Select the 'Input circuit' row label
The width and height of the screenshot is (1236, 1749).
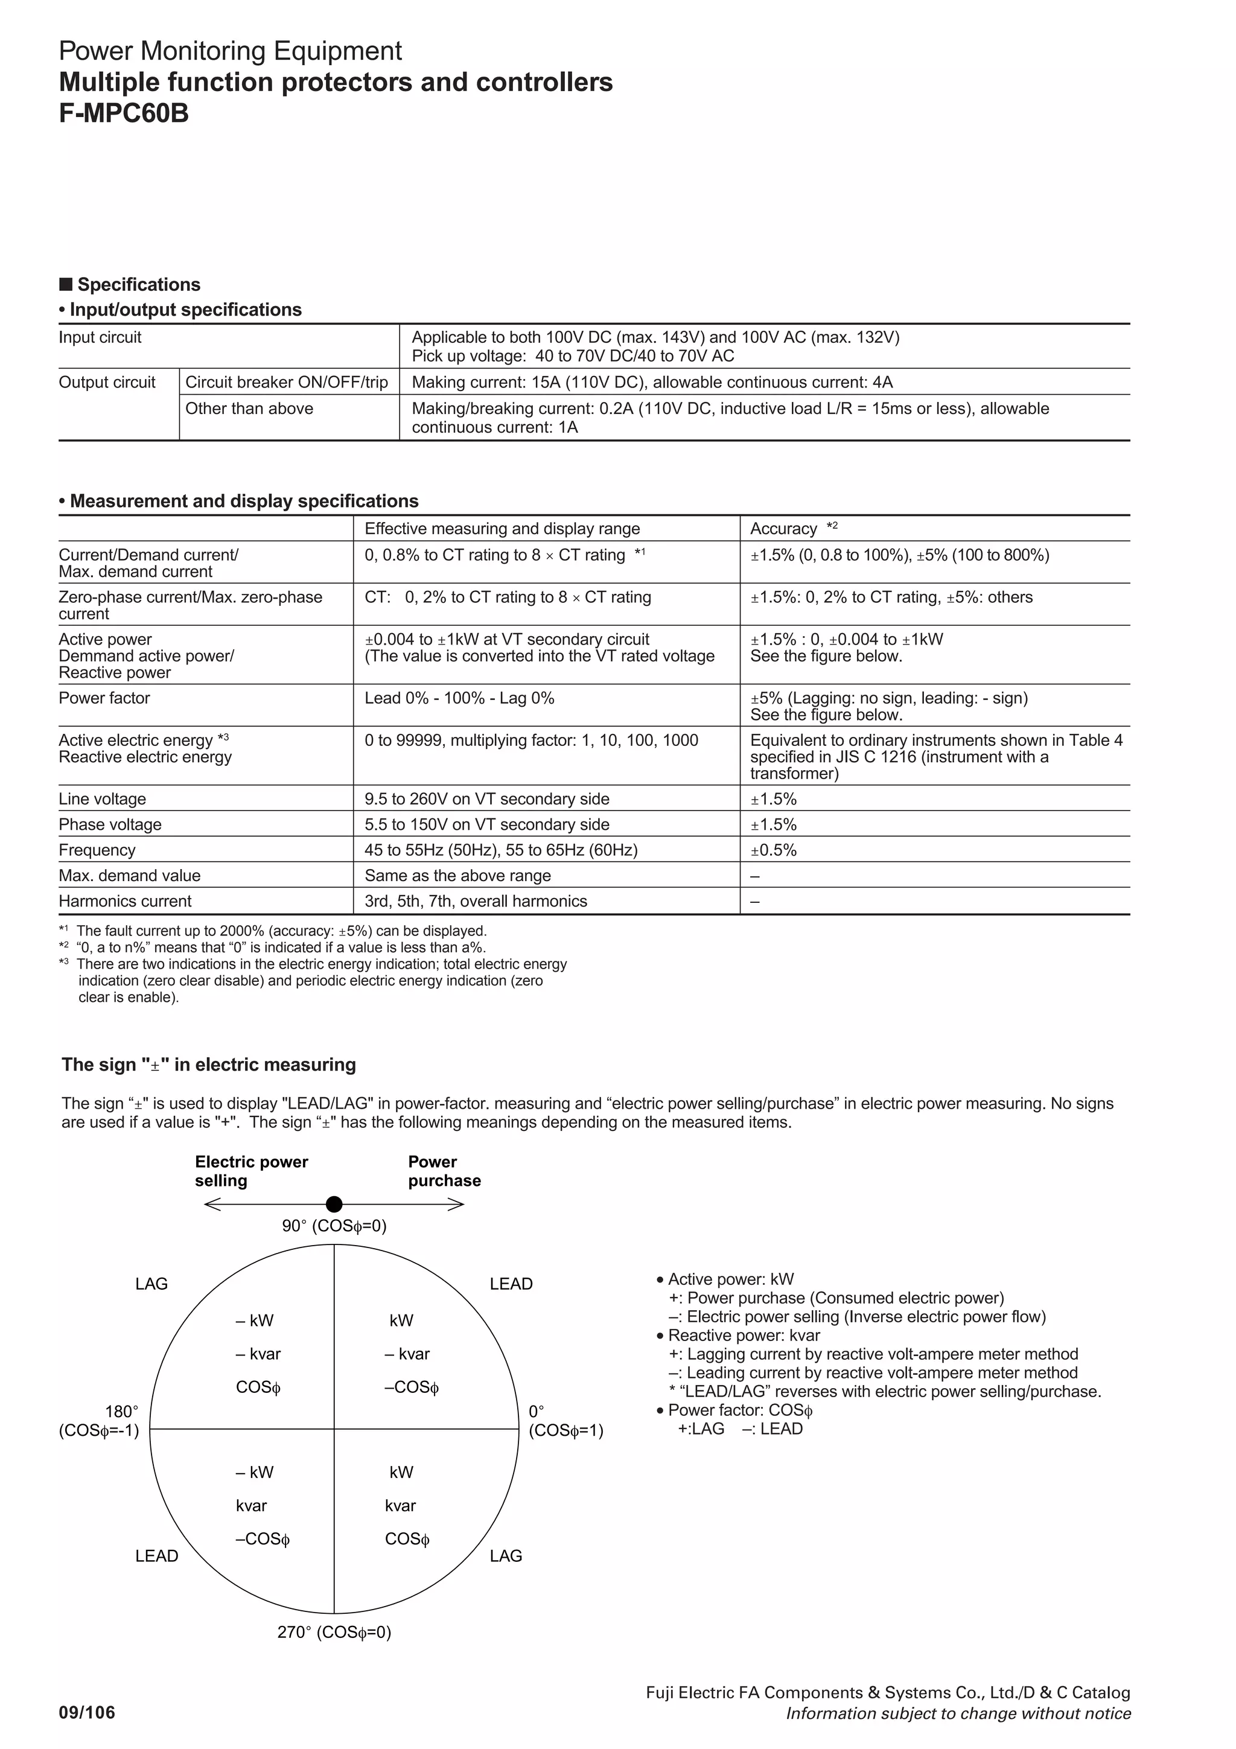[100, 337]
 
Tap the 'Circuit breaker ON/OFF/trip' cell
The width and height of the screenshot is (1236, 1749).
[286, 383]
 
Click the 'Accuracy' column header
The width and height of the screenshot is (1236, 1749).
[783, 529]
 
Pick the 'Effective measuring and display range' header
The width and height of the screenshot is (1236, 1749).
[502, 529]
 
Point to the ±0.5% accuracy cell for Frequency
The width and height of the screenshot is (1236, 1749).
[774, 850]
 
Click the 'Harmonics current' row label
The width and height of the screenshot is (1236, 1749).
[125, 901]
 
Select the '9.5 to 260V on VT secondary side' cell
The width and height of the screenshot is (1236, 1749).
[486, 799]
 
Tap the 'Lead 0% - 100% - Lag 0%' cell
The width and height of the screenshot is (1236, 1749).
[459, 698]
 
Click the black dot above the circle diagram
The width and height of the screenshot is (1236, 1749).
[334, 1205]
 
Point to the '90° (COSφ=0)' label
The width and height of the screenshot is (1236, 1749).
[334, 1226]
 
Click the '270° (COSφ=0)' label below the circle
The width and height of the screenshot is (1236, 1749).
[334, 1632]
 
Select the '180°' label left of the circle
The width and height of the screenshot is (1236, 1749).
[121, 1412]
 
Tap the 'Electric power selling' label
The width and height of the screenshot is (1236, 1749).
[250, 1171]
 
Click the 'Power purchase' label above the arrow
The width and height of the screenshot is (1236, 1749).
[444, 1171]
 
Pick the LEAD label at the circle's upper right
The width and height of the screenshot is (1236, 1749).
[511, 1284]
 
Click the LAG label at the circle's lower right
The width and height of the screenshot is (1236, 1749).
[506, 1555]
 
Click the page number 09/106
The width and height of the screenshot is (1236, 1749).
[87, 1712]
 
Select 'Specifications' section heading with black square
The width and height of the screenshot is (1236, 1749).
[130, 285]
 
